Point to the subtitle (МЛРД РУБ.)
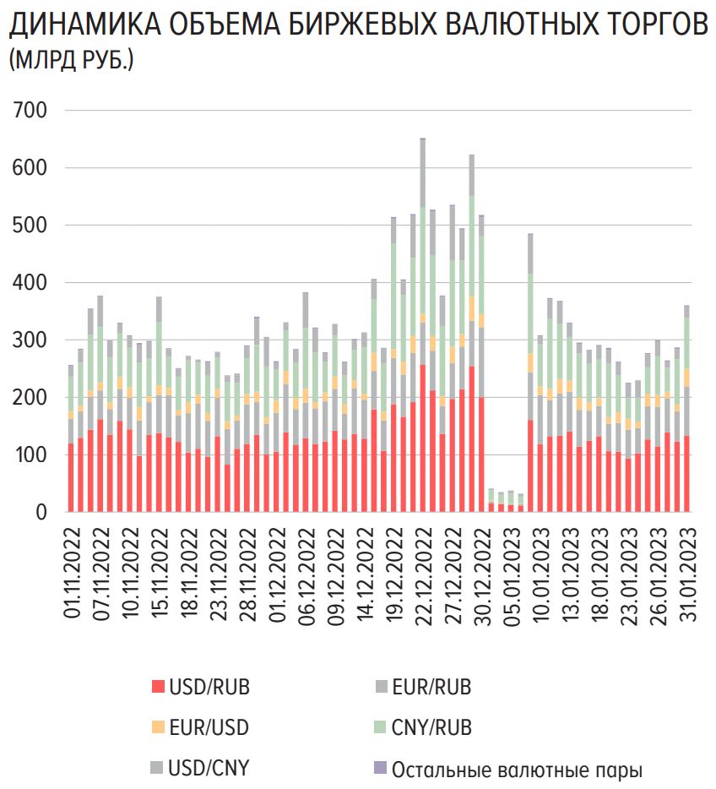[x=71, y=61]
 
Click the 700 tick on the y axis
[x=31, y=111]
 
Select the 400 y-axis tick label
[x=31, y=283]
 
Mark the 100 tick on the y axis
[x=31, y=455]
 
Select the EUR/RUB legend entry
[x=431, y=687]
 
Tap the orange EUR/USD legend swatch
[x=157, y=727]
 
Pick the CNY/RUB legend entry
[x=431, y=727]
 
